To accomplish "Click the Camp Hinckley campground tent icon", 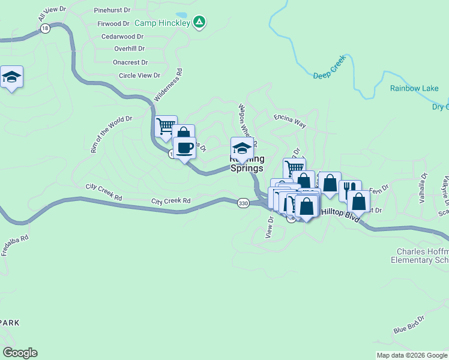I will pos(200,23).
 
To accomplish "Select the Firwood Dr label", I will pos(113,24).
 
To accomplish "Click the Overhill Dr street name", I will pos(130,49).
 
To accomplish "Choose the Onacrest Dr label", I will pos(130,62).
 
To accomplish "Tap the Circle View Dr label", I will pos(140,75).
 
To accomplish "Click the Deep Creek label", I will pos(330,76).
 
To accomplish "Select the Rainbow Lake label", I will pos(414,88).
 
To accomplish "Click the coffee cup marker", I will pos(184,147).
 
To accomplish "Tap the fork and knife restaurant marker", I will pos(350,190).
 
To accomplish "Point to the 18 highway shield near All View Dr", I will pos(44,28).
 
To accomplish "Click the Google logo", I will pos(20,353).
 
